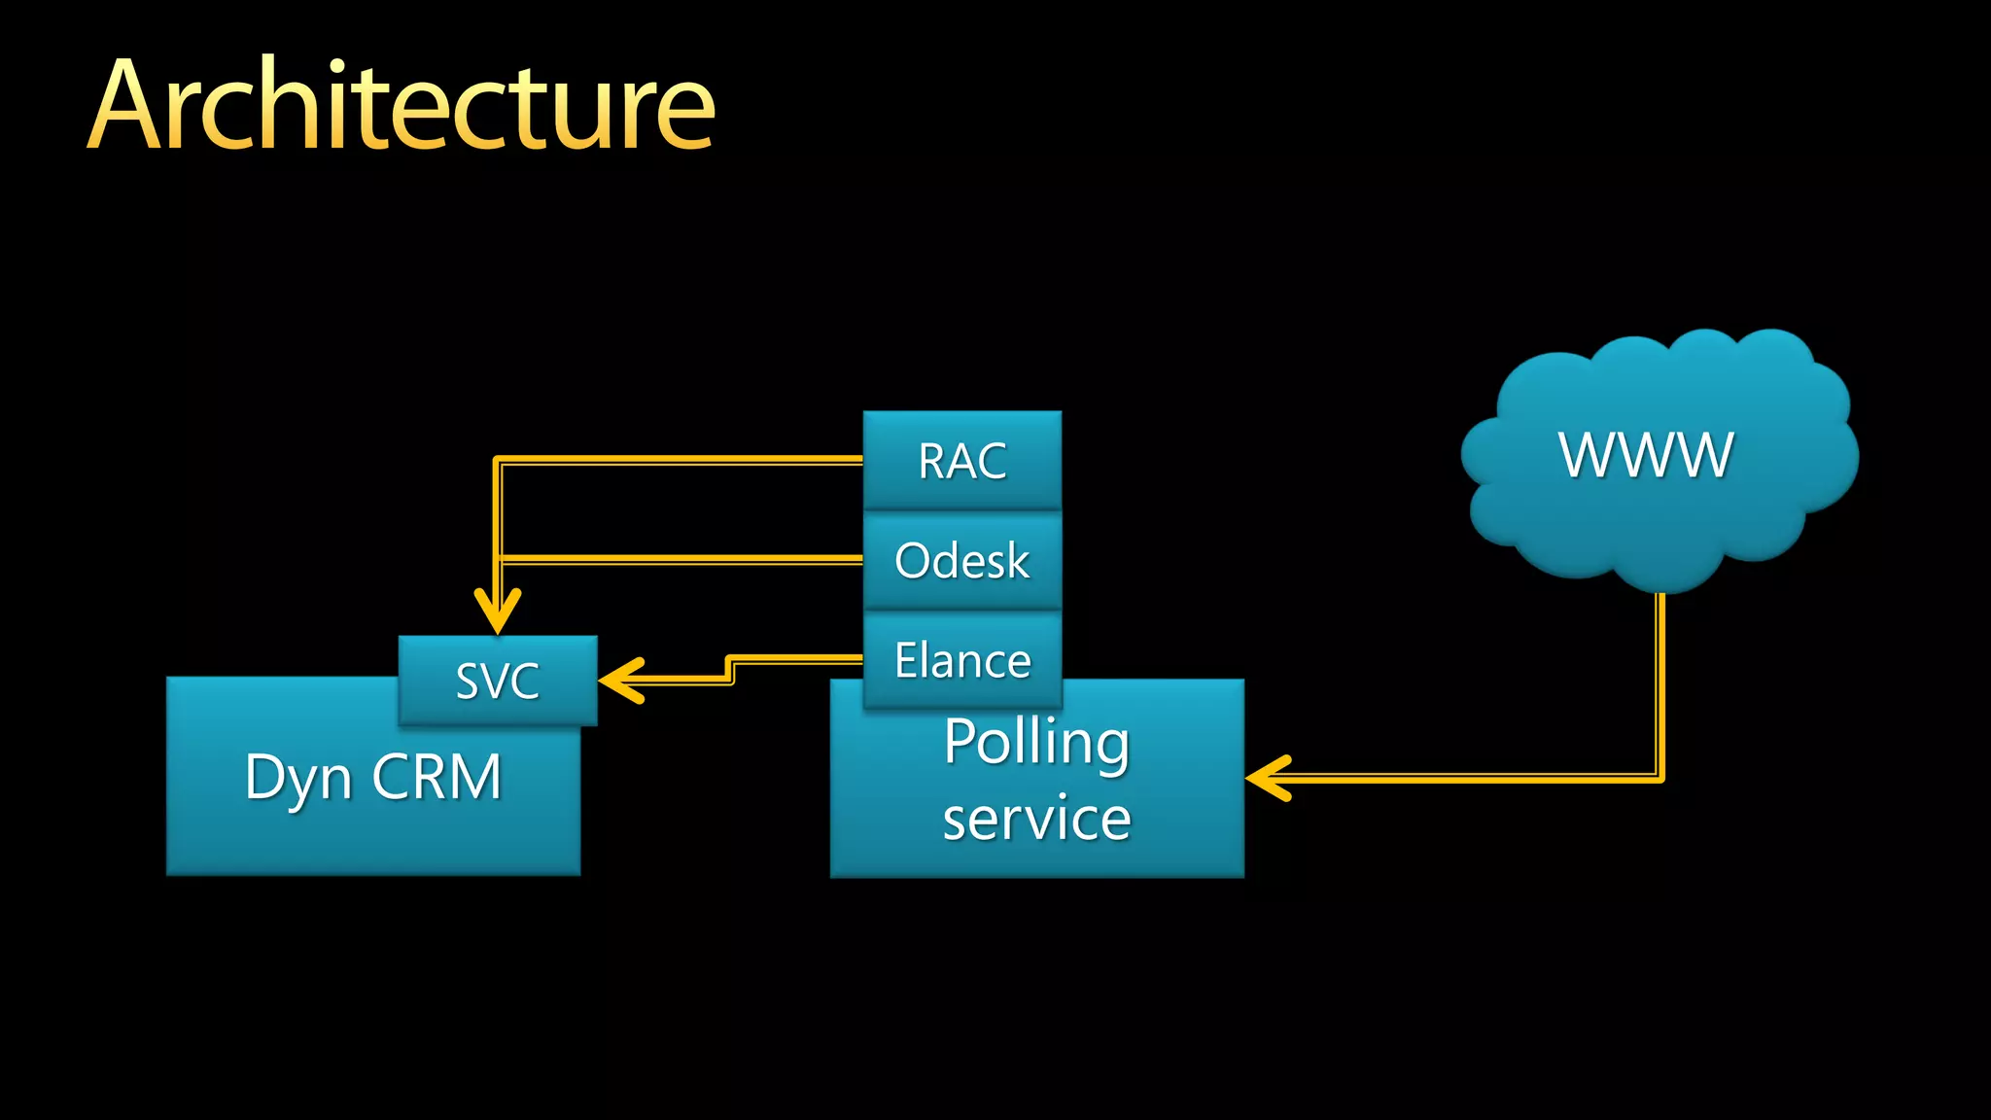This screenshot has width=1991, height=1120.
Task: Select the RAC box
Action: (961, 461)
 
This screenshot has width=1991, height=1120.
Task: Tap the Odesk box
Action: (961, 561)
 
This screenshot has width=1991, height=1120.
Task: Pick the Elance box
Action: (961, 661)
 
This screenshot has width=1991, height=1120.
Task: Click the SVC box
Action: (498, 681)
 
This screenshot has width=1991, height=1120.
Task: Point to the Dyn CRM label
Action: (372, 778)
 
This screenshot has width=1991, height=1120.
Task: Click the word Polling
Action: (1036, 743)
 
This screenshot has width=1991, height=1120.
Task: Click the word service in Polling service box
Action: (1036, 819)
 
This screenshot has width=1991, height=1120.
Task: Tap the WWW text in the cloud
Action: (1646, 455)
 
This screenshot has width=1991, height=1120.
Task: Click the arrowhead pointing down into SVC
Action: (498, 612)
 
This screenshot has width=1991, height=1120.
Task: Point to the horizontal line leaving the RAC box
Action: (681, 461)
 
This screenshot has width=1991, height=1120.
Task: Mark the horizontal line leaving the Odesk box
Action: (681, 559)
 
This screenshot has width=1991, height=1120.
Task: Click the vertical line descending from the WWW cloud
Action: (1660, 681)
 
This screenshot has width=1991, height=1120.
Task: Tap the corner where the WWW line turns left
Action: (1660, 778)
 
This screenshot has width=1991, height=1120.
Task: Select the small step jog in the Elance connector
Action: (730, 670)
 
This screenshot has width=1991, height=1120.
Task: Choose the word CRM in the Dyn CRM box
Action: (437, 778)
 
